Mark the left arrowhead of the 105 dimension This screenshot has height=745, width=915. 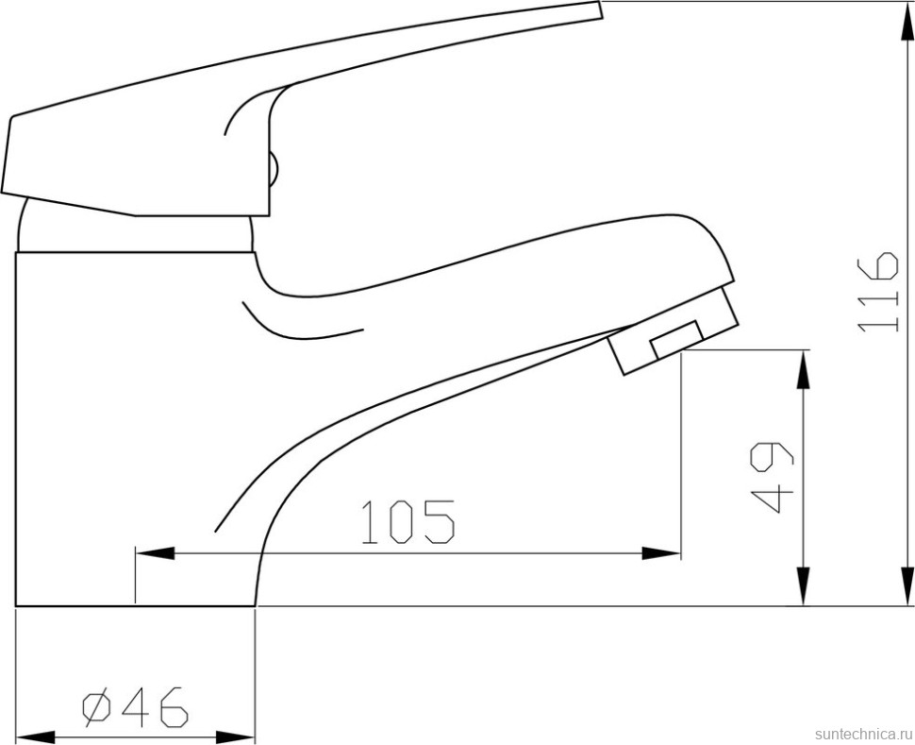click(x=154, y=553)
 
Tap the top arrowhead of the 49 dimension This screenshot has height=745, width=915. click(x=803, y=369)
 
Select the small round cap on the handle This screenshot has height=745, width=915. click(x=274, y=170)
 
